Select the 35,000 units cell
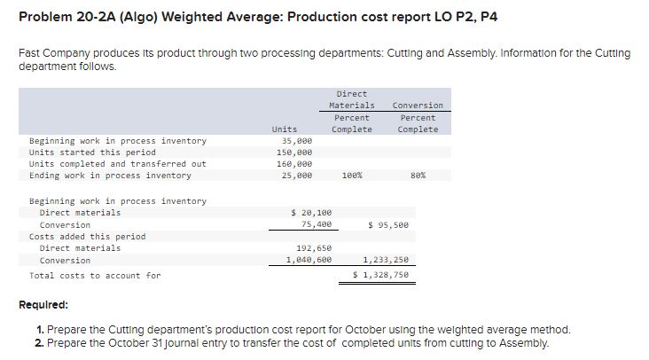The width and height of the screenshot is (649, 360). pos(296,141)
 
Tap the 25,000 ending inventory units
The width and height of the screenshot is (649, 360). pos(296,176)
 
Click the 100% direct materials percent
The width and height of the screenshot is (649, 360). pos(351,176)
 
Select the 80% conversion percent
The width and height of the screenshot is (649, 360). pos(418,176)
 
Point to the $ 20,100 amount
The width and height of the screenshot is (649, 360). pos(311,213)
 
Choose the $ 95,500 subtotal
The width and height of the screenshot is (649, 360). pos(389,224)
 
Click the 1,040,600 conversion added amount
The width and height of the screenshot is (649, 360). pos(309,260)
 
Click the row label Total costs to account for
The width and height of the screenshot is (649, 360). pos(95,275)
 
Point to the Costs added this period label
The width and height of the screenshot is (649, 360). pos(87,237)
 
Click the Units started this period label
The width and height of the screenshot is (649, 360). pos(92,153)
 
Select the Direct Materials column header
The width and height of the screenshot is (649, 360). pos(352,99)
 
